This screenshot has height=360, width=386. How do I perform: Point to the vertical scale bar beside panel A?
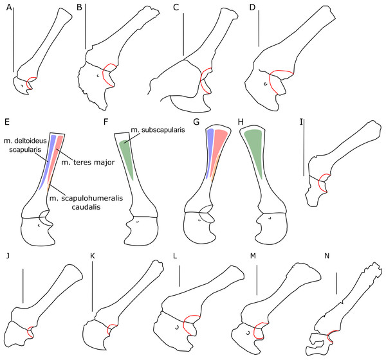tap(13, 39)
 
